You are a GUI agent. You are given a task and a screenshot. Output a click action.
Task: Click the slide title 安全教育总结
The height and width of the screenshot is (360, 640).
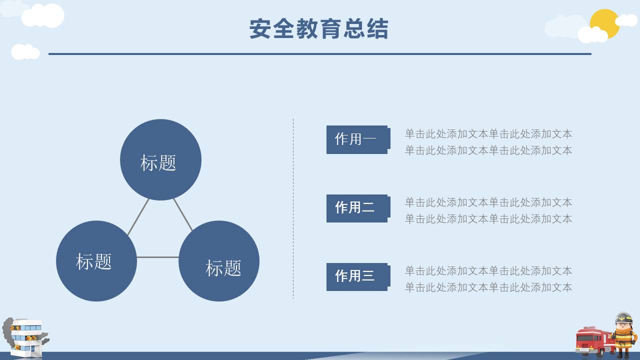(318, 29)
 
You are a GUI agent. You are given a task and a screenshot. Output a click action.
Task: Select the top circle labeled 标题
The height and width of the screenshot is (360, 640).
(160, 160)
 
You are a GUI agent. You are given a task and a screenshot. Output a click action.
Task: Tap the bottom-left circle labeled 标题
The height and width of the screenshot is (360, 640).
(96, 261)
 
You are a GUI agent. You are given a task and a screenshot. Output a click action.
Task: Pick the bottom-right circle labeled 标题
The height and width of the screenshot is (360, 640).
(219, 261)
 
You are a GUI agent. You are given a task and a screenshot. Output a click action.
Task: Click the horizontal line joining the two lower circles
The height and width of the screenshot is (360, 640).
(157, 257)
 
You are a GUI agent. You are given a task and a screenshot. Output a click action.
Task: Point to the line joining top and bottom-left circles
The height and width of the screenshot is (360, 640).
(138, 217)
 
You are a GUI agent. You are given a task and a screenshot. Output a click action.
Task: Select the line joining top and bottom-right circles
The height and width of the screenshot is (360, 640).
(183, 215)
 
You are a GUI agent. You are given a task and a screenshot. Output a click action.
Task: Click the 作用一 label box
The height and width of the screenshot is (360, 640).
(356, 139)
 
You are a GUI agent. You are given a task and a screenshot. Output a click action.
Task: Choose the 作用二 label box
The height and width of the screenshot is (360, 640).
(356, 207)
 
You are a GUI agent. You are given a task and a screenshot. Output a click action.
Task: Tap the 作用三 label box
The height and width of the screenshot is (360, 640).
(356, 276)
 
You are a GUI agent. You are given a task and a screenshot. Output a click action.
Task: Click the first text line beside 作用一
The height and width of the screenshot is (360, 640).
(488, 134)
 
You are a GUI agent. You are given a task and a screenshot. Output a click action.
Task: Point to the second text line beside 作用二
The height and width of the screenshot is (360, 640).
(488, 219)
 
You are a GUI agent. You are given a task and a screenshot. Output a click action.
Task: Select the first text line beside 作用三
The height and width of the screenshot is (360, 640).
(488, 271)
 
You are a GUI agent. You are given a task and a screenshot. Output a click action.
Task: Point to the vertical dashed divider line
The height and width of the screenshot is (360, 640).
(293, 208)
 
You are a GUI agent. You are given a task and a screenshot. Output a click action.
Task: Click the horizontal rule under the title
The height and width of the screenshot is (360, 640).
(320, 53)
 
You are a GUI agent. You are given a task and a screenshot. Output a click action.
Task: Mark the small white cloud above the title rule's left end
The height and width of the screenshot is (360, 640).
(25, 51)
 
